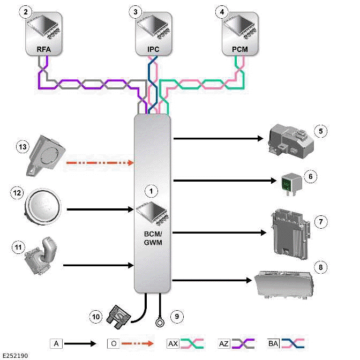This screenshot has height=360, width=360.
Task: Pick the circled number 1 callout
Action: [x=151, y=190]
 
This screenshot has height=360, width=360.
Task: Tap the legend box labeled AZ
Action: [x=224, y=342]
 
